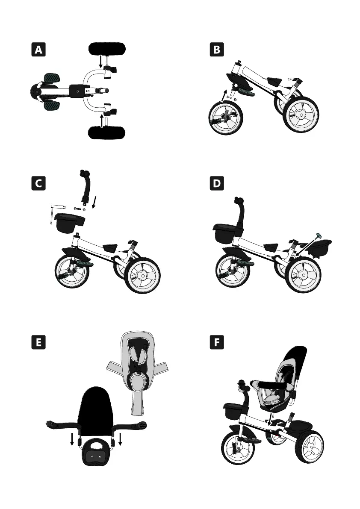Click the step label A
39,50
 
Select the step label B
217,50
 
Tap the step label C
39,183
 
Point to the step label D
217,183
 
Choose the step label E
39,343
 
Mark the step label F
217,343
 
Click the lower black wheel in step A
107,133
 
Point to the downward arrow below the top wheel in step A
101,62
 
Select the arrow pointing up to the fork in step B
225,95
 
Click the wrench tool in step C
54,212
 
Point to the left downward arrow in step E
72,439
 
